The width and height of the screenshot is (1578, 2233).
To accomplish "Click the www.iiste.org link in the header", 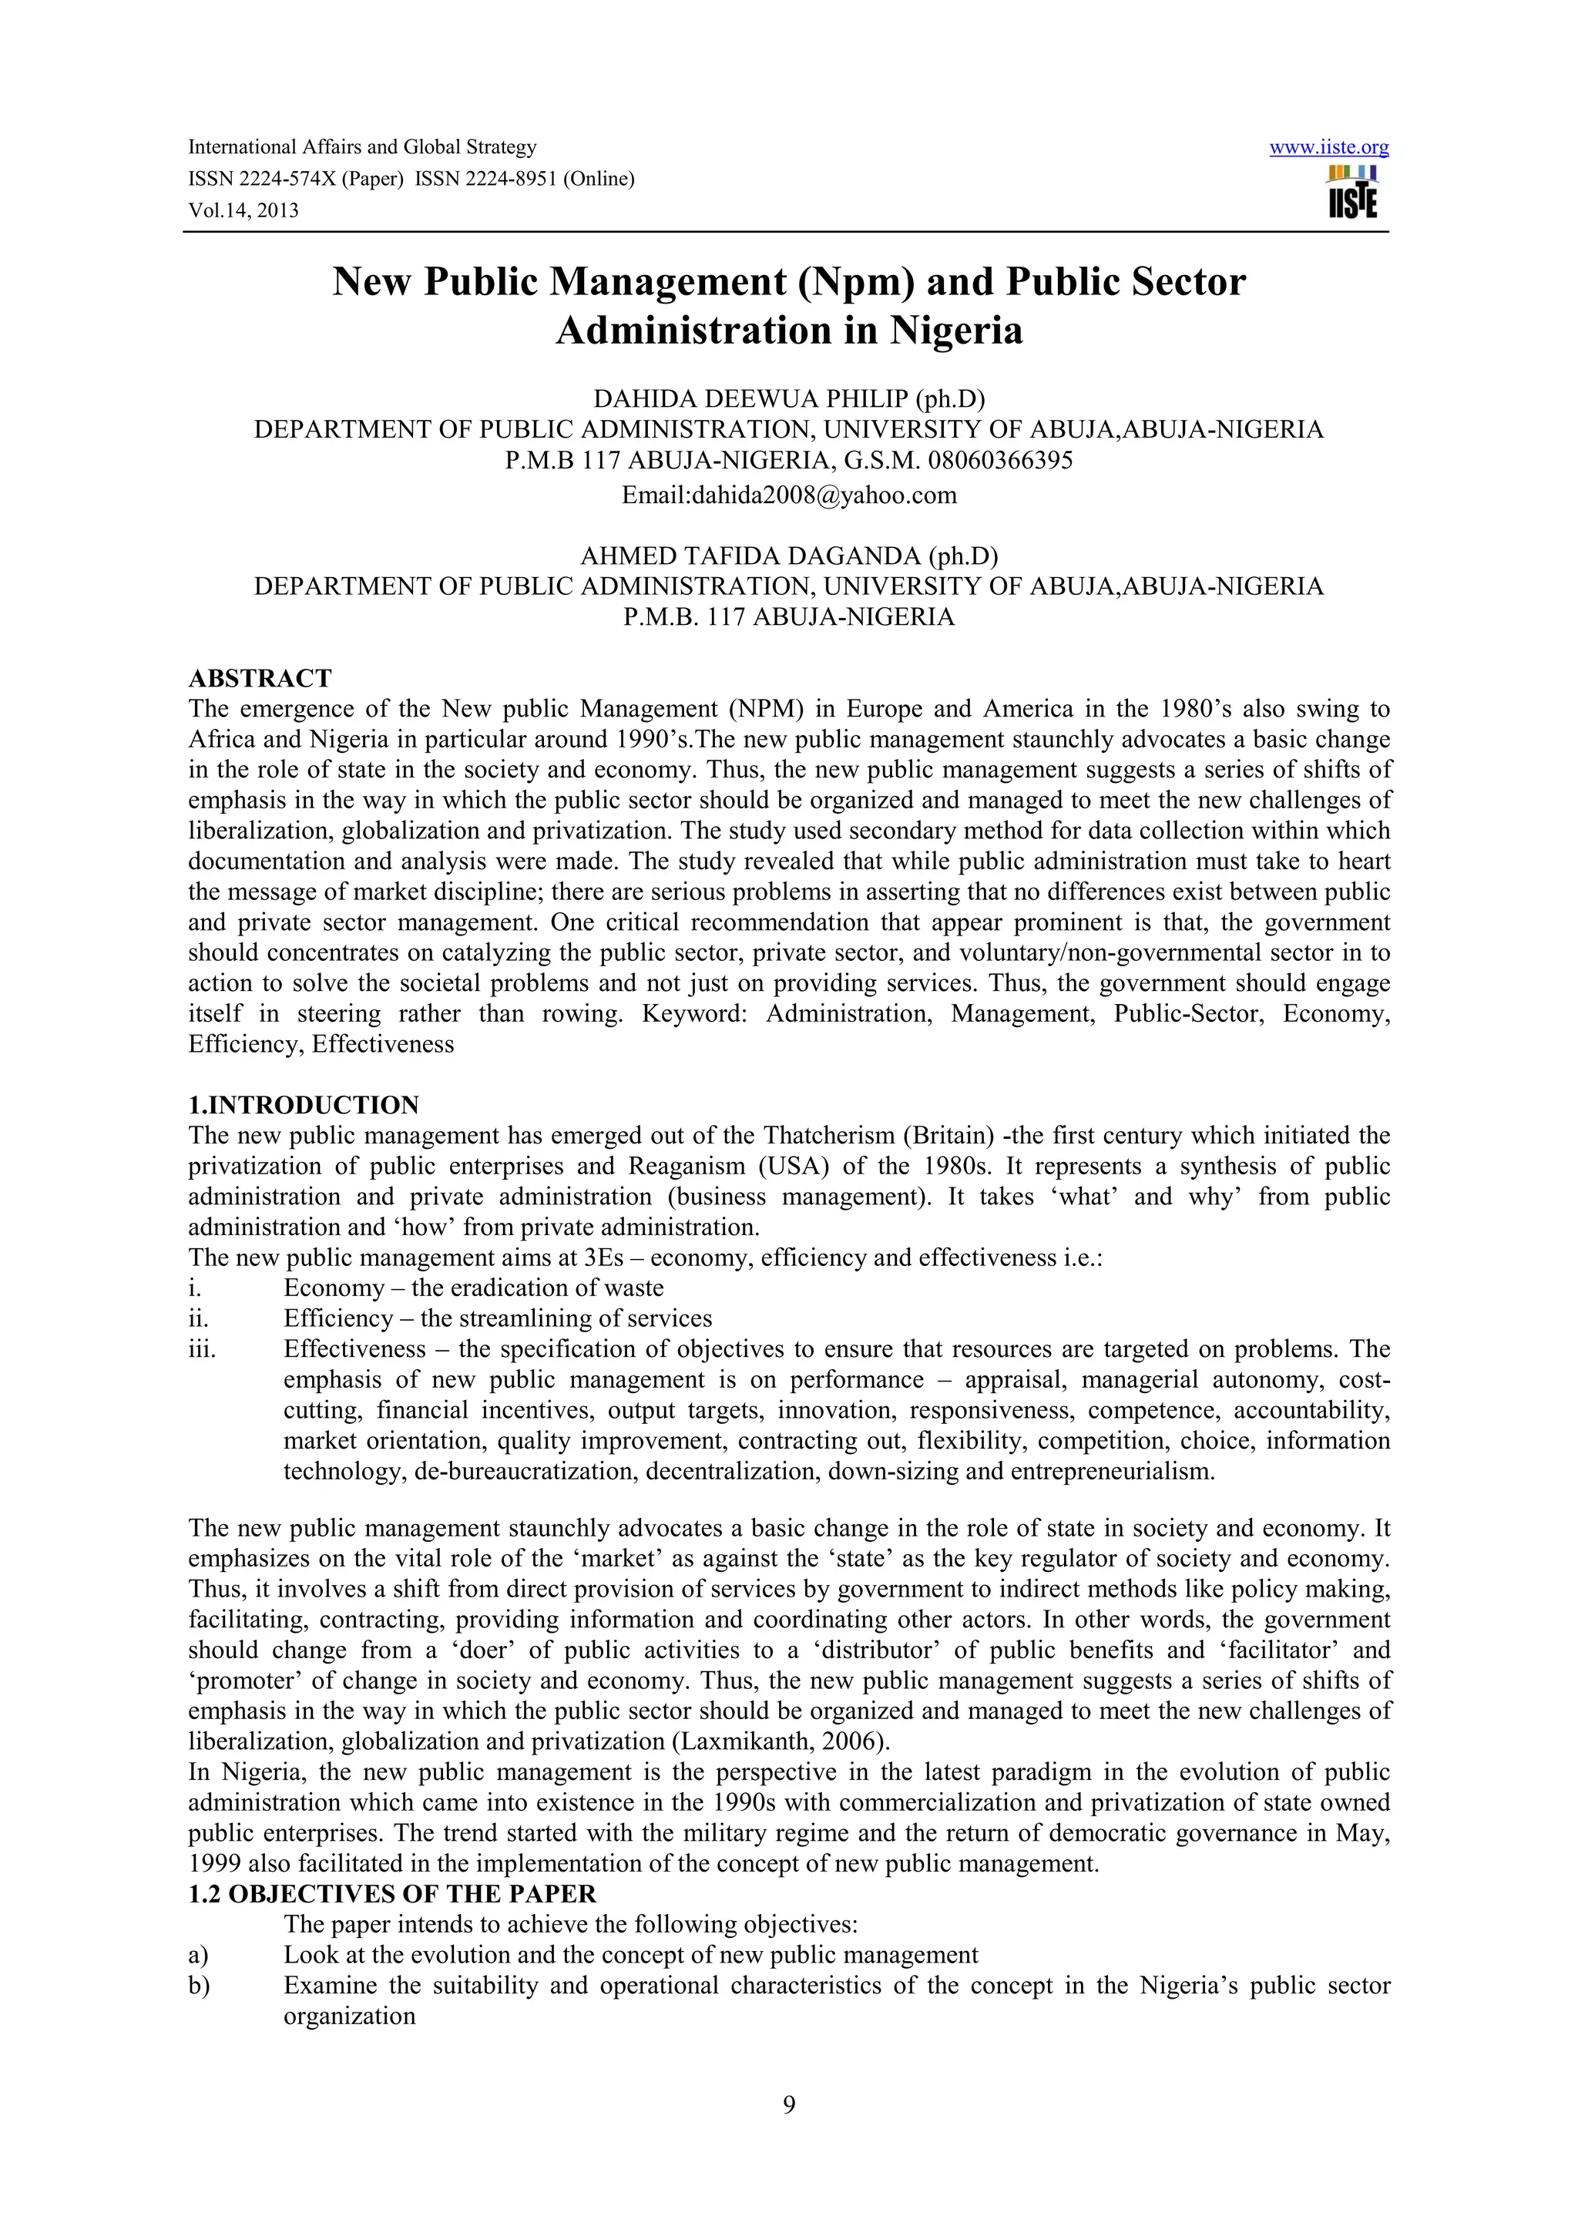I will point(1328,148).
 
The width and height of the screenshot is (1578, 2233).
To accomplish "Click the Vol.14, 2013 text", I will point(243,210).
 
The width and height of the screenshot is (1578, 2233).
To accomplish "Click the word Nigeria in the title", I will point(955,331).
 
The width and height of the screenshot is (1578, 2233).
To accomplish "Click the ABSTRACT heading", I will point(260,678).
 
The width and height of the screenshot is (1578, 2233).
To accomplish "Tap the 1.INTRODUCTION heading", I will point(304,1105).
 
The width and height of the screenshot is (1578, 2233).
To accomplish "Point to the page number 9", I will point(788,2132).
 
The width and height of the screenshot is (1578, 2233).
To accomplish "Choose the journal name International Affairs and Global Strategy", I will point(361,148).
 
